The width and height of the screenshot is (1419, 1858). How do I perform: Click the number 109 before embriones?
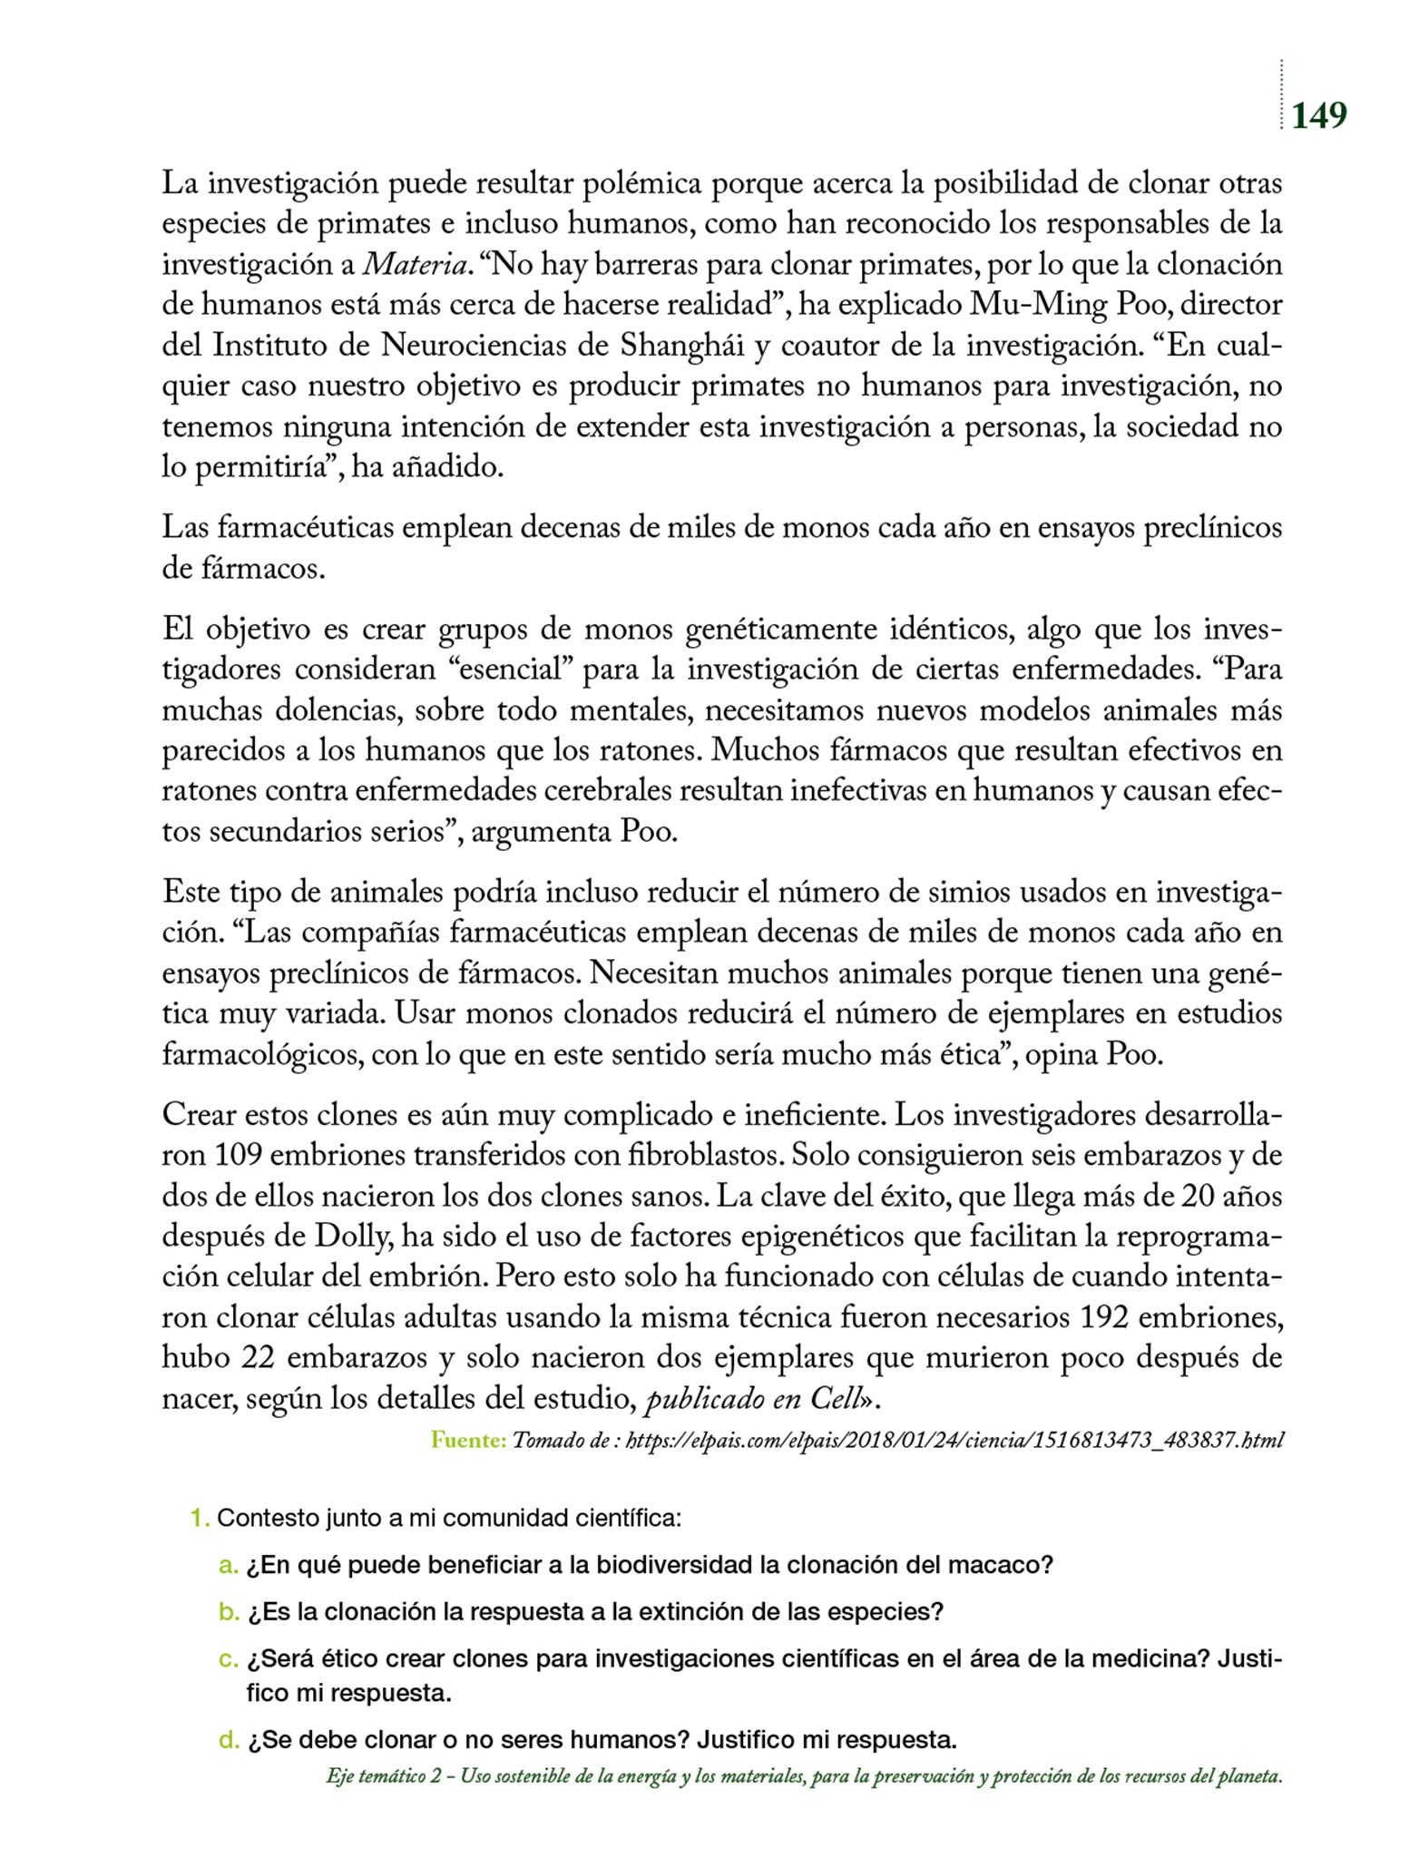pos(238,1156)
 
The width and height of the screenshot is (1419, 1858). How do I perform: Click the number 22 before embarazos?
pos(261,1358)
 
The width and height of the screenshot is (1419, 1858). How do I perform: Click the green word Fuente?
pos(468,1440)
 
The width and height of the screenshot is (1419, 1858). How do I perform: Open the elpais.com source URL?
pos(954,1440)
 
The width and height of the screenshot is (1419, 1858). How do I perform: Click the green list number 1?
pos(200,1518)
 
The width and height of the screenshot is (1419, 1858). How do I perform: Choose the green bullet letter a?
pos(228,1565)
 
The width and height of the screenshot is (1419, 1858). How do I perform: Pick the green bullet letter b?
pos(228,1612)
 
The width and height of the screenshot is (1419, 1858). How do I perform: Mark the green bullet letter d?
pos(228,1740)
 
